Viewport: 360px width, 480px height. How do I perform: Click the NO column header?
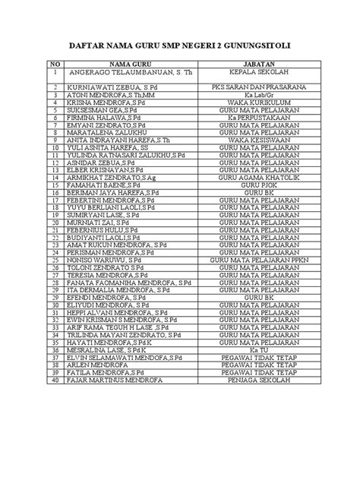tap(55, 65)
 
